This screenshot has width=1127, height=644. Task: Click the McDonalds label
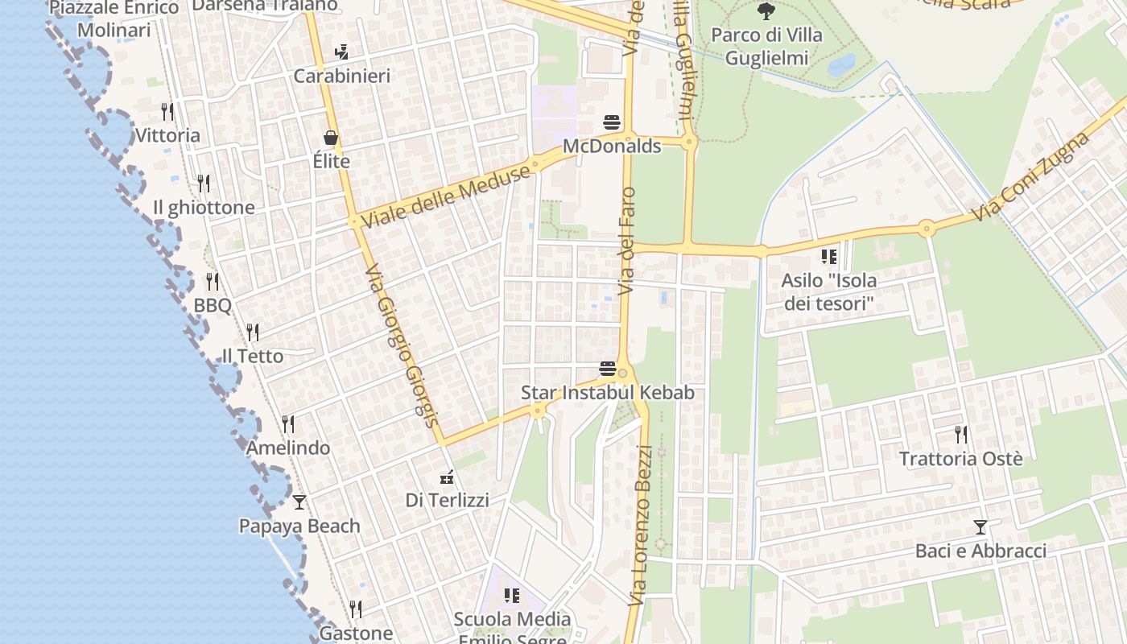pos(612,147)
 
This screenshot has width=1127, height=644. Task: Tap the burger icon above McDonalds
pos(612,123)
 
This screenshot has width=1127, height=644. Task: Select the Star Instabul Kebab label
pos(607,393)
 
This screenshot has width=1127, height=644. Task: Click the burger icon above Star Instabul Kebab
pos(608,369)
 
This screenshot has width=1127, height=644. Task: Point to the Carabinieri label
pos(341,76)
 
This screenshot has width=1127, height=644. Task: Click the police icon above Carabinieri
pos(341,52)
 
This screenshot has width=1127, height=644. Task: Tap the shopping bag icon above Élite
pos(331,138)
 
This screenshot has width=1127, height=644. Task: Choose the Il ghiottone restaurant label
pos(204,208)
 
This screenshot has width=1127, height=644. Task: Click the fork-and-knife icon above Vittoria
pos(167,111)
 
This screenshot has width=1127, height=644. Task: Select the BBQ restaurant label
pos(213,306)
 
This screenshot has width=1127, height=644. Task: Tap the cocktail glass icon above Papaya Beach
pos(299,502)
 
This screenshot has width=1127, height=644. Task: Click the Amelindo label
pos(288,448)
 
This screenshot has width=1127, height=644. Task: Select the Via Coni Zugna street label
pos(1030,178)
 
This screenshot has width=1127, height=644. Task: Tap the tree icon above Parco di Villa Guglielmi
pos(766,11)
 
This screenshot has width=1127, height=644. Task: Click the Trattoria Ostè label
pos(960,459)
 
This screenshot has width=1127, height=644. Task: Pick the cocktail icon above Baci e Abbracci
pos(980,527)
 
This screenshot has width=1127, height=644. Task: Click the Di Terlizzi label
pos(447,501)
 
